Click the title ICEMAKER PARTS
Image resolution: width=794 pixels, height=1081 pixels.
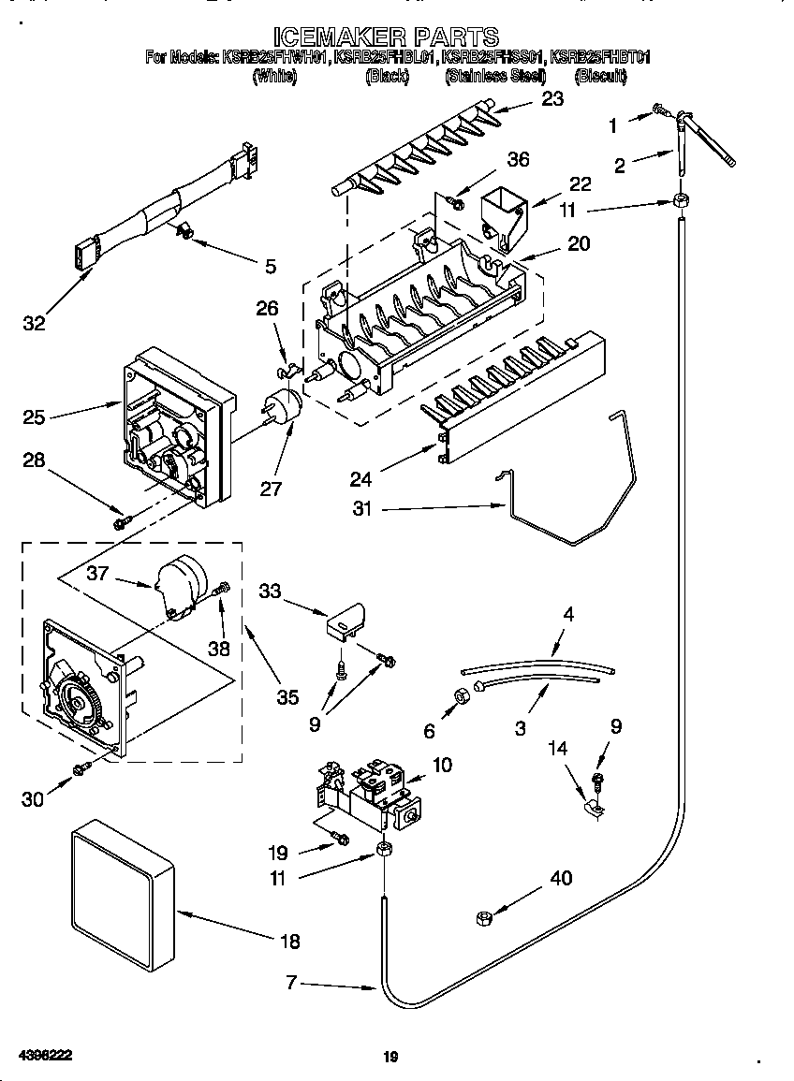tap(397, 37)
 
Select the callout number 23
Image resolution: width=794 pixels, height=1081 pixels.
tap(552, 98)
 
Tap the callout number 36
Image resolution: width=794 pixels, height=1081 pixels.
tap(517, 159)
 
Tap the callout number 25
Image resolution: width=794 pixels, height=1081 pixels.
tap(34, 416)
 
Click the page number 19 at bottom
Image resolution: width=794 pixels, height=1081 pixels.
tap(391, 1058)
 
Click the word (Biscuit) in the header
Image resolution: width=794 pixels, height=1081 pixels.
tap(600, 77)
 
